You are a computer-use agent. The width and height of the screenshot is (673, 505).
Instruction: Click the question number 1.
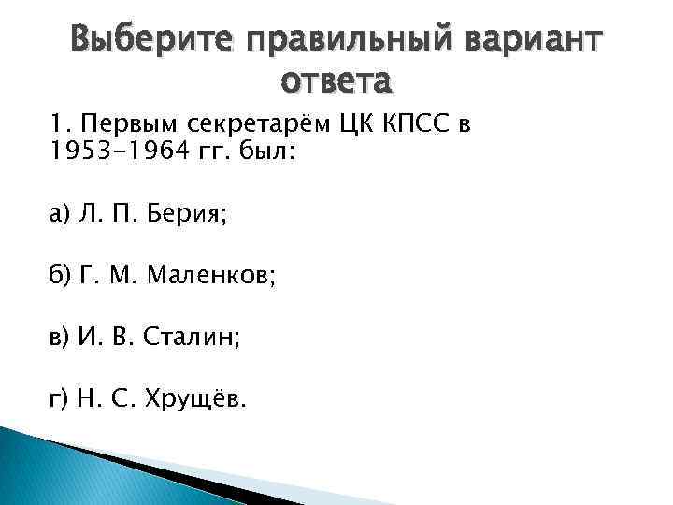[58, 127]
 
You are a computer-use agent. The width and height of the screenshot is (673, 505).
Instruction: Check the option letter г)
[60, 400]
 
